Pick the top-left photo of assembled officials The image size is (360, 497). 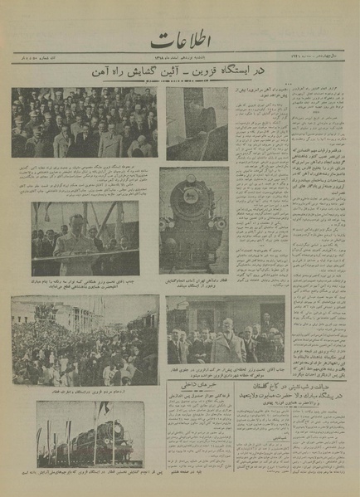point(84,123)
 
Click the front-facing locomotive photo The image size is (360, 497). point(194,209)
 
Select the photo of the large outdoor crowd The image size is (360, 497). point(85,340)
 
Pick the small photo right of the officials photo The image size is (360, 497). point(197,123)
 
